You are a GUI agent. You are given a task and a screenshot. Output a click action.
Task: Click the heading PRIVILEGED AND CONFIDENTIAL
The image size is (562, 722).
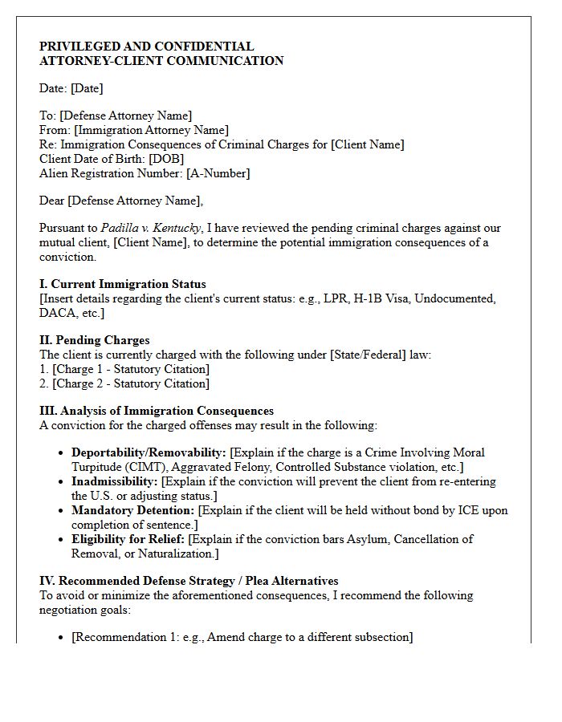tap(146, 47)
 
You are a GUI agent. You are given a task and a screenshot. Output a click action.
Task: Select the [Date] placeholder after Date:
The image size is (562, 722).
tap(88, 88)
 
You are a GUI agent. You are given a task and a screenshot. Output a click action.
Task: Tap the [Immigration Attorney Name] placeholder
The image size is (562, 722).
tap(151, 130)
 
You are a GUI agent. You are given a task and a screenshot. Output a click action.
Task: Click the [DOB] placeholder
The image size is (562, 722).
tap(166, 159)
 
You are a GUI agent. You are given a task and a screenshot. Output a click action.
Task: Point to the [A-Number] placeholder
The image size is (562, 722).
tap(218, 173)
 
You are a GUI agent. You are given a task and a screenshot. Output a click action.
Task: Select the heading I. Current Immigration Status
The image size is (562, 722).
tap(122, 284)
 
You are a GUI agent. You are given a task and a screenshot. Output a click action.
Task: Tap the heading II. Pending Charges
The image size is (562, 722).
tap(94, 340)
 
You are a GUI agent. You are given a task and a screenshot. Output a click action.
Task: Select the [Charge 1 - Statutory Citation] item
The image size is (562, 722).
tap(131, 369)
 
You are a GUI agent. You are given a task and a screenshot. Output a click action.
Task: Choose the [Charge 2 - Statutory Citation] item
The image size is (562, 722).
tap(131, 383)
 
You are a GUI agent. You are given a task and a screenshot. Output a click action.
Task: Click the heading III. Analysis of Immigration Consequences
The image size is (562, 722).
tap(156, 411)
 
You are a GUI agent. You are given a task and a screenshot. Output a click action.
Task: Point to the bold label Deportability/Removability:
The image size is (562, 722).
tap(149, 452)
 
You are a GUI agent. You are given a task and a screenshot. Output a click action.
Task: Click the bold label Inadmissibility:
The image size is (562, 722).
tap(115, 481)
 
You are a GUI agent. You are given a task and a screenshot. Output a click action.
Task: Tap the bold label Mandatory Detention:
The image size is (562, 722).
tap(132, 510)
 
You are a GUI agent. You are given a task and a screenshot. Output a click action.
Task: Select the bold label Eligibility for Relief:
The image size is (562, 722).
tap(128, 539)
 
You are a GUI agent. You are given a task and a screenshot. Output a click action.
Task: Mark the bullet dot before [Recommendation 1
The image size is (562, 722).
tap(62, 638)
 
